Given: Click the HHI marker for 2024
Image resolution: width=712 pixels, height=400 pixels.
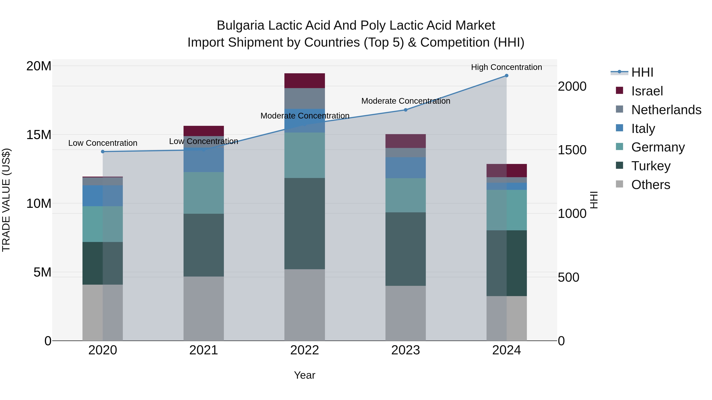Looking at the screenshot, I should pos(506,76).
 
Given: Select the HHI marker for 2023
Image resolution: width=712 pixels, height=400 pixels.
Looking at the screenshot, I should pos(405,110).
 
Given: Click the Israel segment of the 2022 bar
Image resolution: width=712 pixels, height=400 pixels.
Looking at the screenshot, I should pos(305,81).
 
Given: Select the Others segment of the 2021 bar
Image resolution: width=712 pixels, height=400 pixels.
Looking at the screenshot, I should pos(204,308).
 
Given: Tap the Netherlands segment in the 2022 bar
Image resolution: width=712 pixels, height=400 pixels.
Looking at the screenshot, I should pos(305,98).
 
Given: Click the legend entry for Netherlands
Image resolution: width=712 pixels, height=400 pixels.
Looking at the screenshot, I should pos(666,110).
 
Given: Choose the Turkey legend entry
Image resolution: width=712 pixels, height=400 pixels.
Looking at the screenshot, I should pos(651,166).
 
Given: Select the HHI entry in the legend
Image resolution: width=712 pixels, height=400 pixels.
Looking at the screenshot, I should pos(642,72).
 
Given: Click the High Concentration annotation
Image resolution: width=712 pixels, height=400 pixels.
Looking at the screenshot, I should pos(506,67).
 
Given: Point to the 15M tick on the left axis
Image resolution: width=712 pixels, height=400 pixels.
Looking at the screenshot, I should pos(39,135).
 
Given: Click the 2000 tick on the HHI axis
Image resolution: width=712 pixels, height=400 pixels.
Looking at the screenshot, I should pos(572,86).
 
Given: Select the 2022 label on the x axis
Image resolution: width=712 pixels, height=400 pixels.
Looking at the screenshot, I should pos(305,350).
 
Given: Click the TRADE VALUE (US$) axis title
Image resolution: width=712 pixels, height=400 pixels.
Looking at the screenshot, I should pos(6,200).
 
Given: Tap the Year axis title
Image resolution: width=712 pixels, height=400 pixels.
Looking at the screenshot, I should pos(305,375).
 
